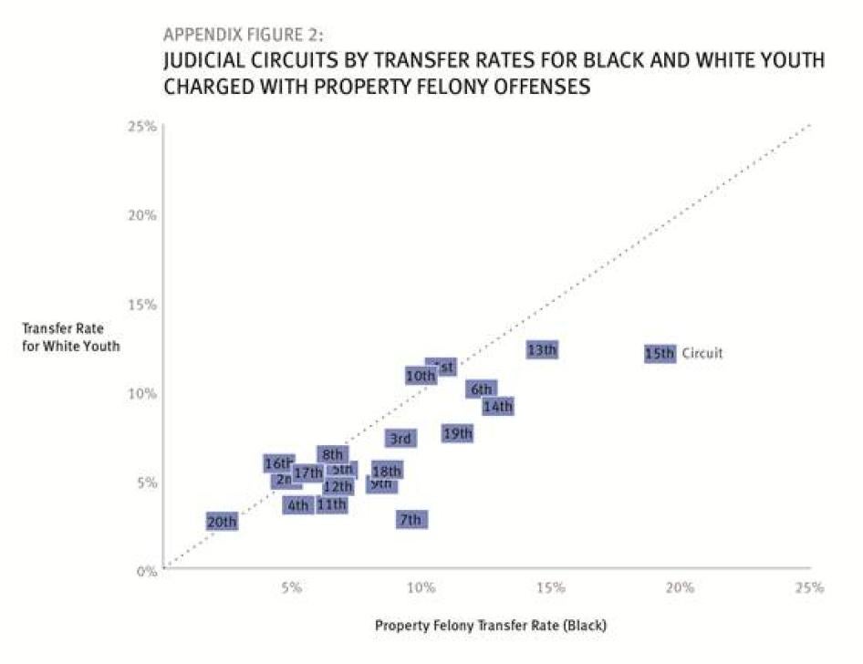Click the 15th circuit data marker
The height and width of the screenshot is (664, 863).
[x=660, y=353]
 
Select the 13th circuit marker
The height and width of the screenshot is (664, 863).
[x=542, y=349]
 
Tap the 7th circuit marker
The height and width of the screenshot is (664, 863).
[x=411, y=520]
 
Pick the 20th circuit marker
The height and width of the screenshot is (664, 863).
[x=222, y=523]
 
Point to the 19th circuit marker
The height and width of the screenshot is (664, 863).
[x=458, y=433]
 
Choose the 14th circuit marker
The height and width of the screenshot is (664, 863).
[x=498, y=407]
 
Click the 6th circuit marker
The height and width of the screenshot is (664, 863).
[x=482, y=389]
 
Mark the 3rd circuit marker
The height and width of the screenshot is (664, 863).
[x=400, y=439]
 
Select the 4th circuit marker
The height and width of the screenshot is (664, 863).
[x=298, y=505]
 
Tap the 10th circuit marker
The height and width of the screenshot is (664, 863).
[x=420, y=376]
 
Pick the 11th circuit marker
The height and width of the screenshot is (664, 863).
[x=331, y=504]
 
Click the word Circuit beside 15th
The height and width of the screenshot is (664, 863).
[x=702, y=353]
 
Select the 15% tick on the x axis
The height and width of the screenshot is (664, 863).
[x=551, y=588]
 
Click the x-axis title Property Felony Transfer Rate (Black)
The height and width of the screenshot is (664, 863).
[x=490, y=627]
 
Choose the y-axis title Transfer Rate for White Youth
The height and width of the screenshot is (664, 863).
[x=70, y=337]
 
